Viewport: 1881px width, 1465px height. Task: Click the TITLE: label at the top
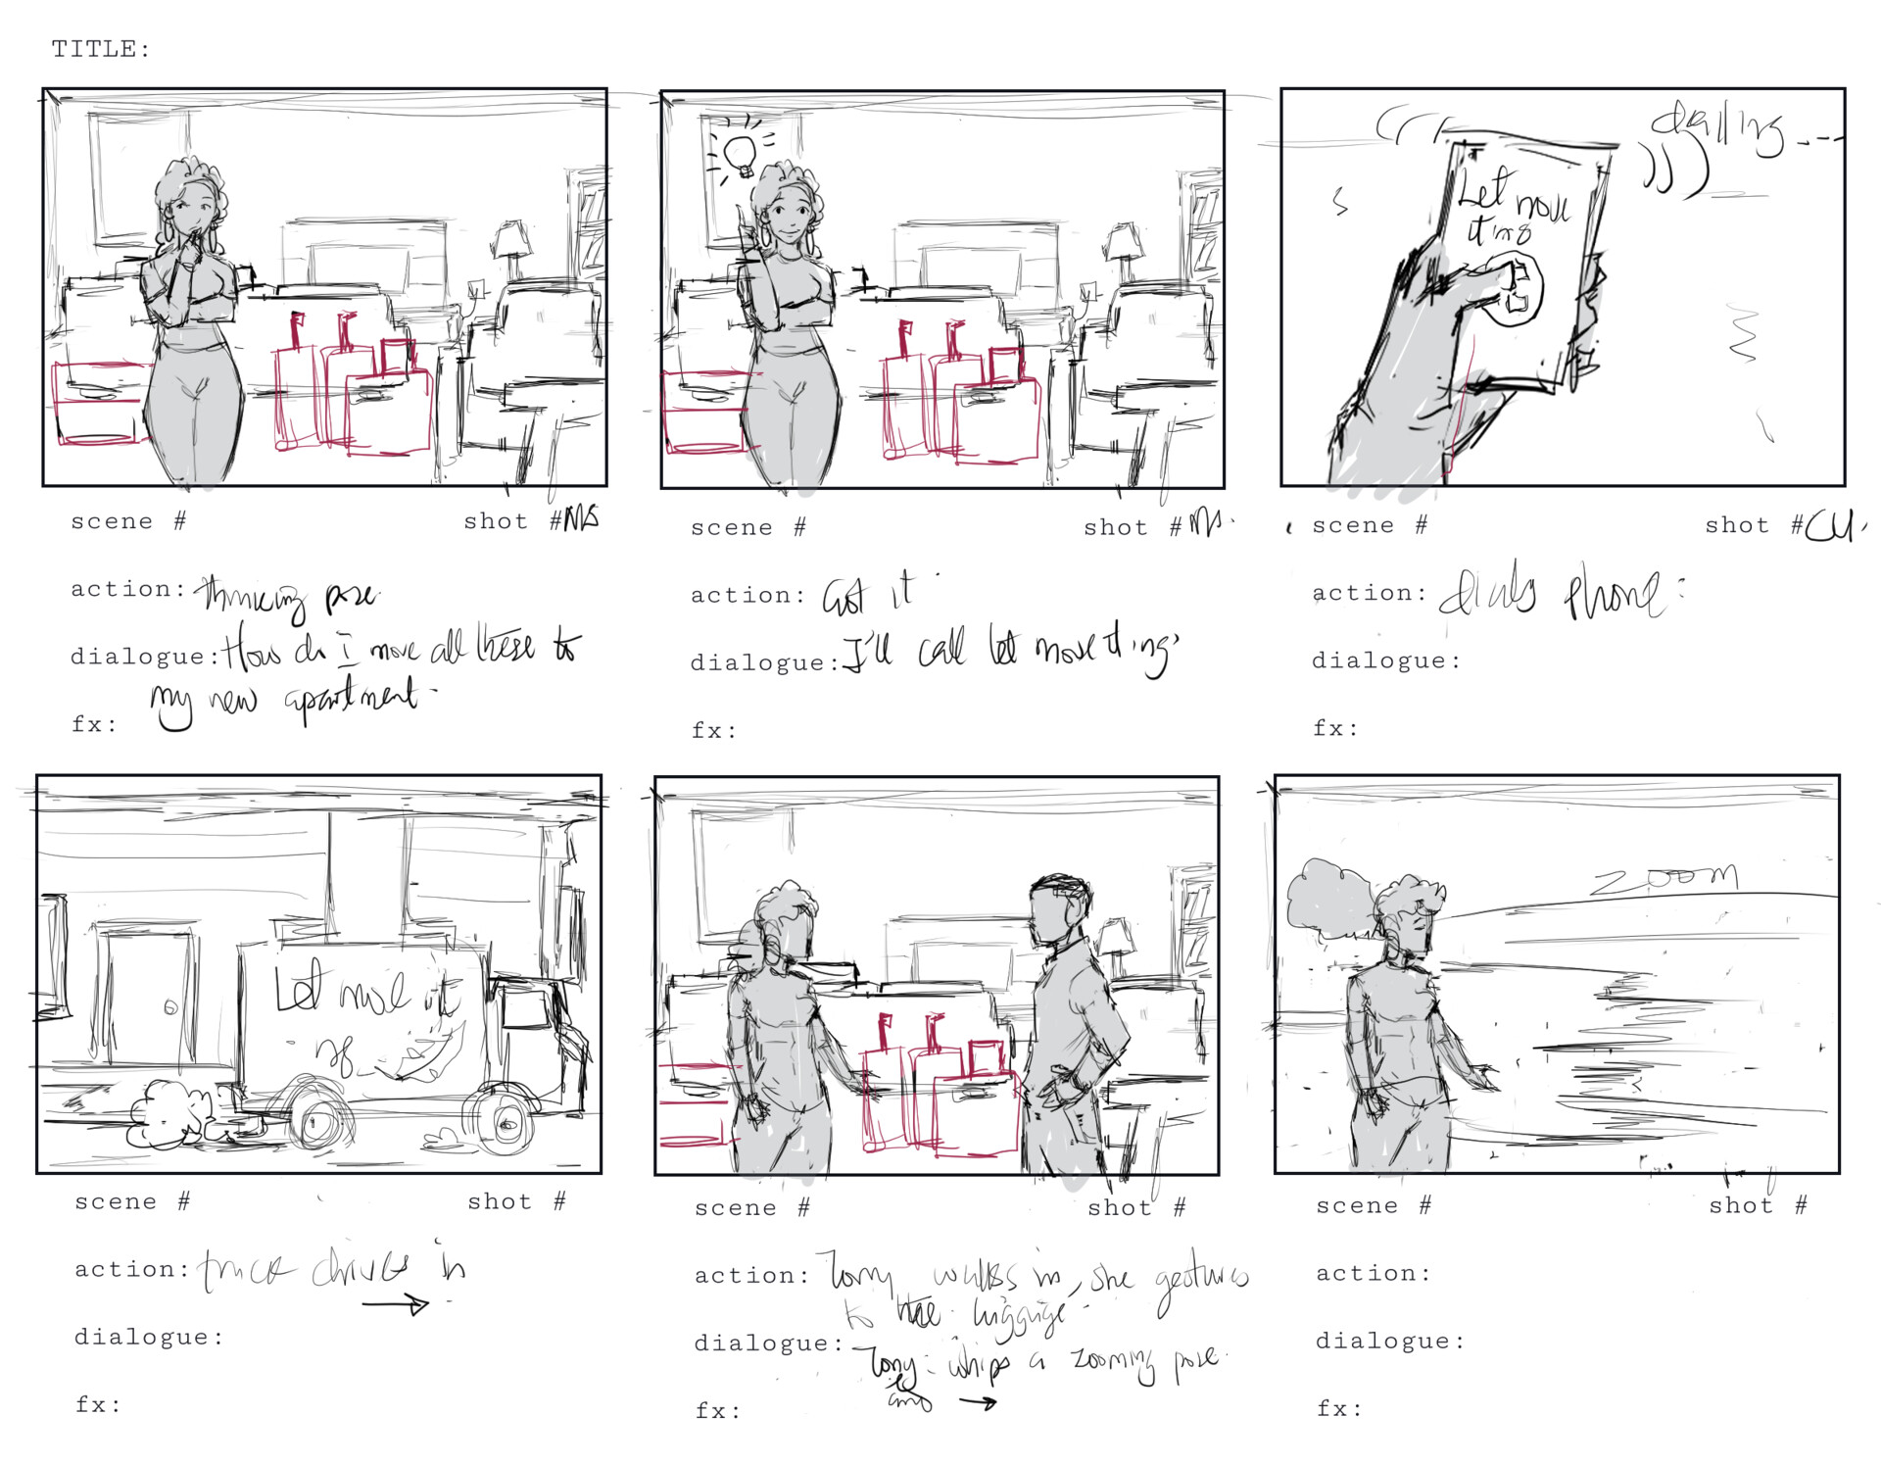(101, 49)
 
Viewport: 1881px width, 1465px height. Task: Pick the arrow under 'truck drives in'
(396, 1304)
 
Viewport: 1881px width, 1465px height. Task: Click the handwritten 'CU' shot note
(1829, 527)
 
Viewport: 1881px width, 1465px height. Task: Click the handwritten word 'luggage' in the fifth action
(1019, 1316)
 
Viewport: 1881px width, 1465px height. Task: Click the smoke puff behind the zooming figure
(1327, 897)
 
